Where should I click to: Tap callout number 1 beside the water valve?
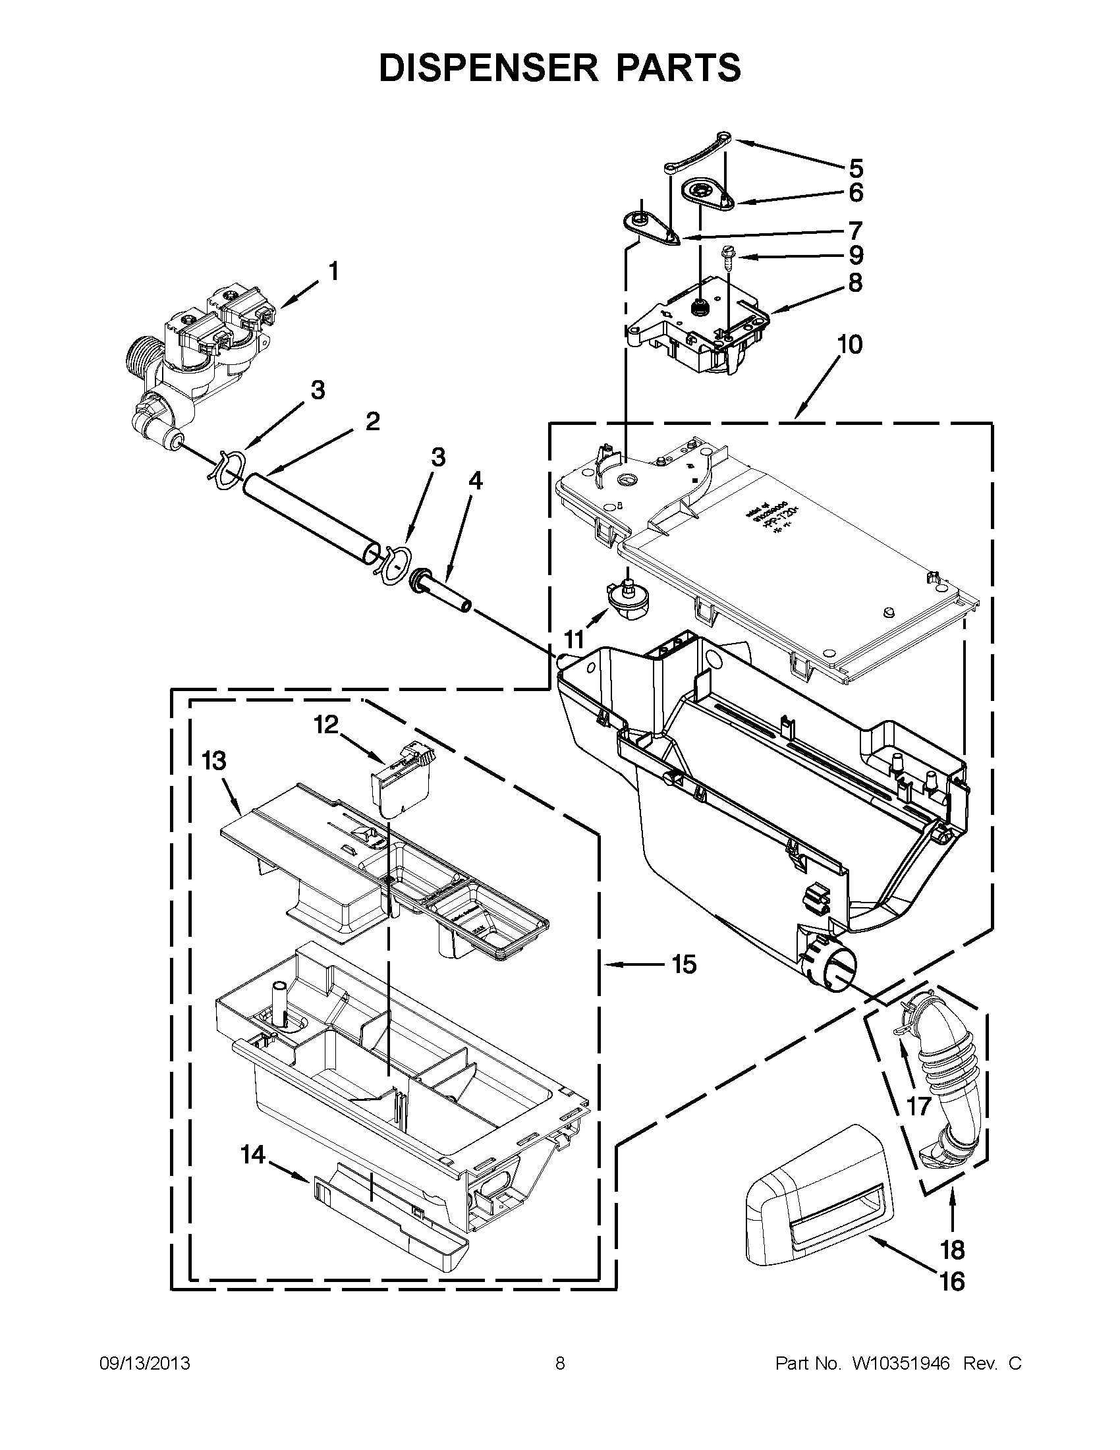click(x=333, y=271)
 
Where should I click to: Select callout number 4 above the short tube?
click(x=476, y=481)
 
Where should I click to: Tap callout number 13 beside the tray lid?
click(x=213, y=761)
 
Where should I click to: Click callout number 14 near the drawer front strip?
click(x=252, y=1156)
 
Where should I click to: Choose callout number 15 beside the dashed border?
click(x=684, y=963)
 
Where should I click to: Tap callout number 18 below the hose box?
click(x=951, y=1250)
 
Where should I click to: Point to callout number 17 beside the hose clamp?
click(x=920, y=1105)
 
